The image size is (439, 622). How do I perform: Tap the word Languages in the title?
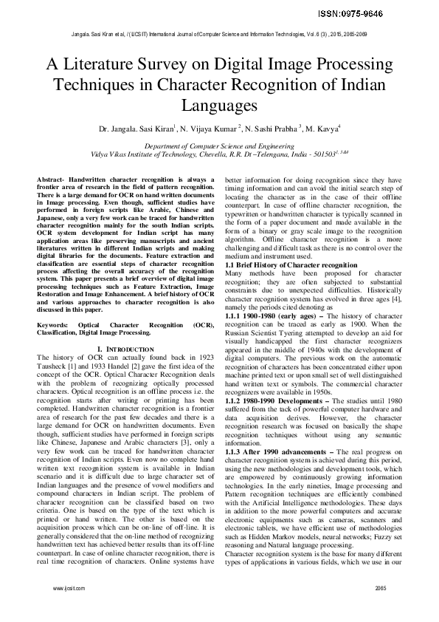219,106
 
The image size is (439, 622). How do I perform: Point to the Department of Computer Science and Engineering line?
219,147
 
